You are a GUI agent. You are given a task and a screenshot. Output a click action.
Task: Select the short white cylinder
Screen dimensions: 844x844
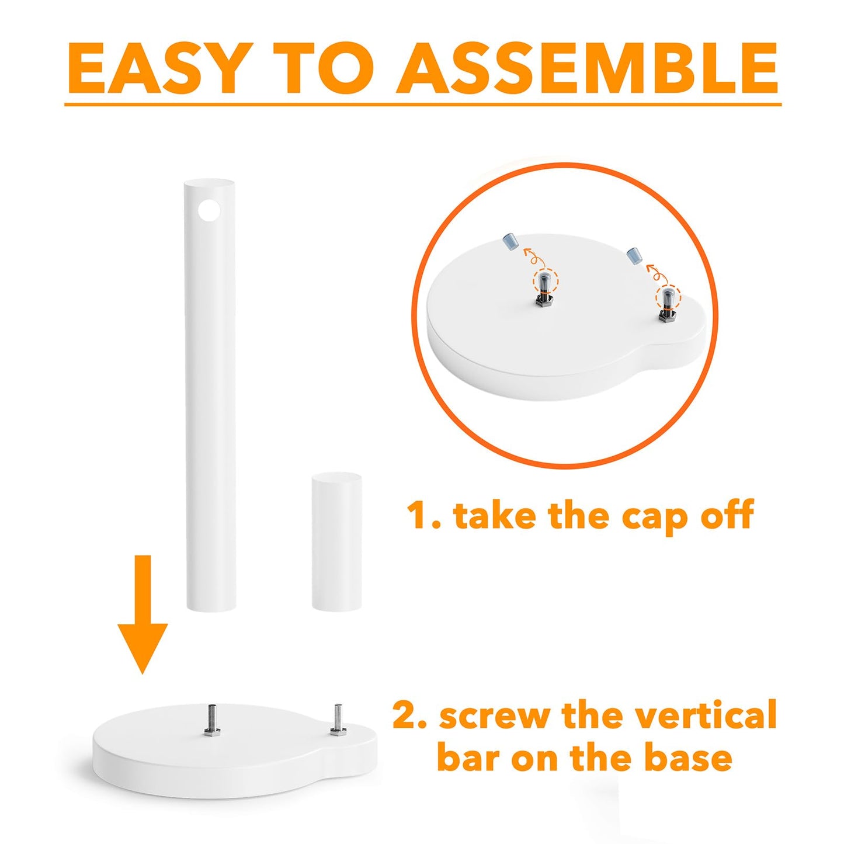(336, 542)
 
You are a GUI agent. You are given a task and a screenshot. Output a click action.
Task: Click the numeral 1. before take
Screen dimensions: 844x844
(423, 516)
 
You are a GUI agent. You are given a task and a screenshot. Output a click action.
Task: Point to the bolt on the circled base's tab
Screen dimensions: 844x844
(666, 305)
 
